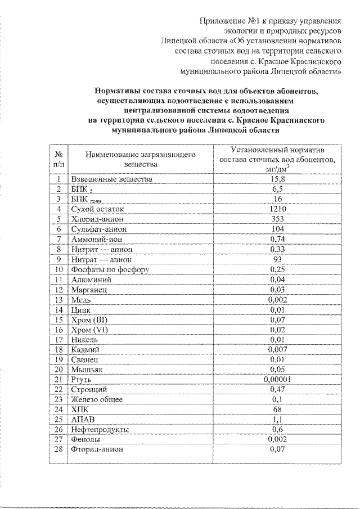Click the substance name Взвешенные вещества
click(x=111, y=179)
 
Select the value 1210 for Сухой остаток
click(x=274, y=209)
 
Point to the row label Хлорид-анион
click(x=97, y=219)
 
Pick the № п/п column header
click(x=58, y=158)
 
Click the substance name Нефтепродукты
click(x=100, y=429)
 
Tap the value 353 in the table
click(x=274, y=219)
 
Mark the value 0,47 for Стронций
click(x=274, y=389)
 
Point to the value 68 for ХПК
click(x=274, y=409)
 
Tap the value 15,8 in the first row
click(x=274, y=179)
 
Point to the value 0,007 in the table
click(x=274, y=349)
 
